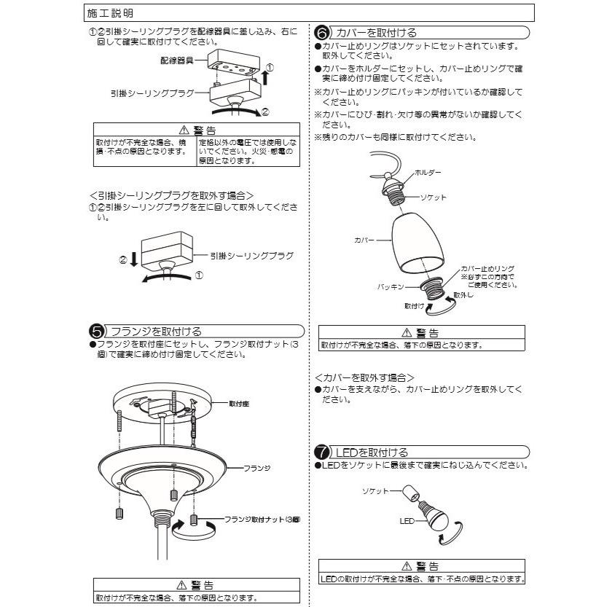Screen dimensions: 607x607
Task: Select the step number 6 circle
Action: pyautogui.click(x=321, y=33)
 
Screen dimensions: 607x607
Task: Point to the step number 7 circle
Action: pyautogui.click(x=321, y=453)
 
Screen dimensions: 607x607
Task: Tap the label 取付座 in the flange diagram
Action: pyautogui.click(x=240, y=402)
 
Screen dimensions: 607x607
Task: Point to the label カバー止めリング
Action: pyautogui.click(x=487, y=269)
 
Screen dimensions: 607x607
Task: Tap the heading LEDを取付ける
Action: pyautogui.click(x=372, y=453)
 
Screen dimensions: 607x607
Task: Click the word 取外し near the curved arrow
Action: pyautogui.click(x=464, y=295)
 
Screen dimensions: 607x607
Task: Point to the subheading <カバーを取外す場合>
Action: pyautogui.click(x=364, y=377)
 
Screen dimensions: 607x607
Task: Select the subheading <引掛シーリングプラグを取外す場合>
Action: pyautogui.click(x=171, y=195)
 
